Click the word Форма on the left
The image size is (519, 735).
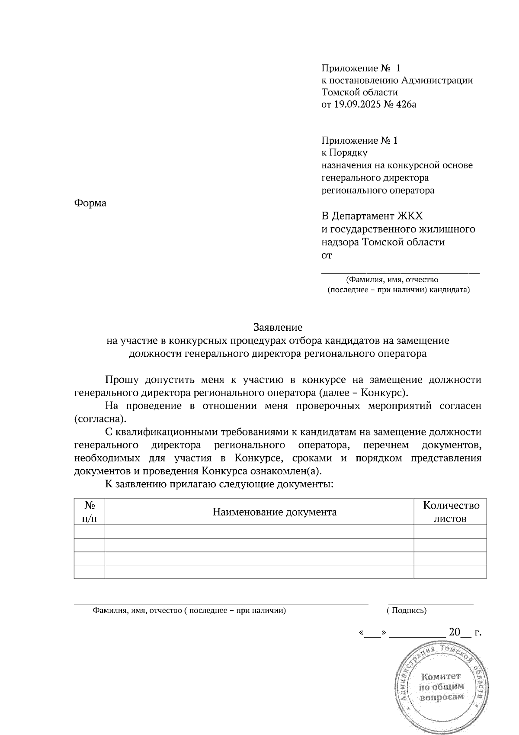tap(90, 203)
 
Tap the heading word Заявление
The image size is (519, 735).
tap(278, 327)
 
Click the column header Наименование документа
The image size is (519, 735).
tap(275, 512)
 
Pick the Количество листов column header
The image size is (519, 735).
tap(451, 512)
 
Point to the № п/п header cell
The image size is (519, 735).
tap(90, 512)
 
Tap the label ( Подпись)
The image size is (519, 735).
tap(407, 611)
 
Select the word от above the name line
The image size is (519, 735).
tap(327, 255)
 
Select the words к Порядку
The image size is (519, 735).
tap(344, 152)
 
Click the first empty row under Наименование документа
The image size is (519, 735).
tap(259, 532)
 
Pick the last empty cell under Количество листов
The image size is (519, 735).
tap(451, 572)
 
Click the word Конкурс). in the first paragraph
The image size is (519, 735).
tap(384, 393)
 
